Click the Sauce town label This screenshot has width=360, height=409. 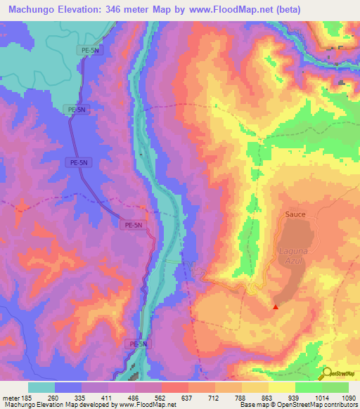point(295,214)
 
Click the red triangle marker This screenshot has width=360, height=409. point(276,306)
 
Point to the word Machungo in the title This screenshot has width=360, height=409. point(34,10)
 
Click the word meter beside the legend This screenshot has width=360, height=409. point(10,397)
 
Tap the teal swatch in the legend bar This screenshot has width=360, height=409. point(41,387)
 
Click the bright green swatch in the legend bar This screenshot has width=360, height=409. point(308,387)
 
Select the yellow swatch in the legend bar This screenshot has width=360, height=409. point(281,387)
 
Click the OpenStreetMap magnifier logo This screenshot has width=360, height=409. point(328,373)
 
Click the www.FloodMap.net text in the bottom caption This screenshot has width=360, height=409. point(143,405)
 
